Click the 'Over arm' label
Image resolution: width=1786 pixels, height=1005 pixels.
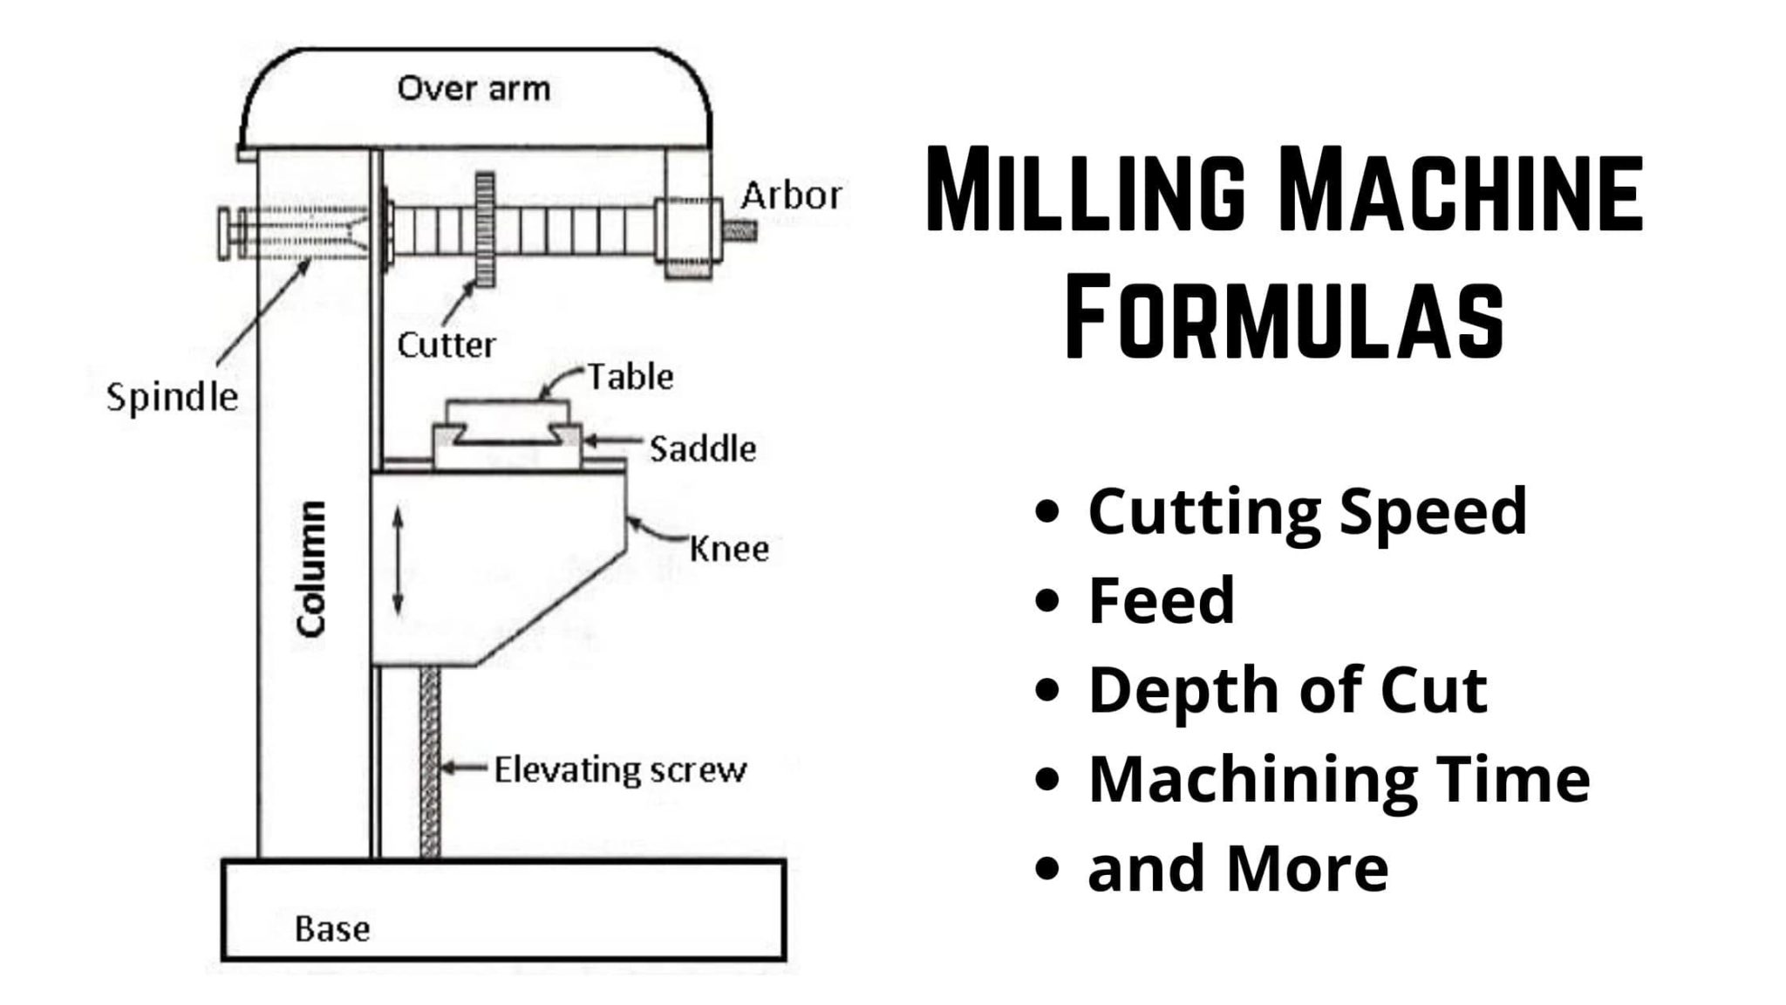point(474,88)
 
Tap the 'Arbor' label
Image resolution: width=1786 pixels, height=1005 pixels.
point(791,195)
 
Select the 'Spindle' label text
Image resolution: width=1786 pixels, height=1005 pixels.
point(172,397)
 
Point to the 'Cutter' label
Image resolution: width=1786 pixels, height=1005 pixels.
point(446,345)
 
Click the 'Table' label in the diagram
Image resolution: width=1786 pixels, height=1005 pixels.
point(630,377)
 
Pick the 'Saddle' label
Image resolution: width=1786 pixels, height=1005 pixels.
point(703,449)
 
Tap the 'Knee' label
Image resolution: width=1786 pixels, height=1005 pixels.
point(729,549)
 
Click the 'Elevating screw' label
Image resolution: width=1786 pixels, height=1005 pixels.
point(620,769)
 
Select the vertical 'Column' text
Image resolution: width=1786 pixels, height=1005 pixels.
point(310,568)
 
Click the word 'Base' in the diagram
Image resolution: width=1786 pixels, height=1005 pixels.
point(332,928)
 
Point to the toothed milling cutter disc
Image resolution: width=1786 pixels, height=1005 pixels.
point(485,229)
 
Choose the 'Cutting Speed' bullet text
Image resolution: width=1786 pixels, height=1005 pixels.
point(1307,511)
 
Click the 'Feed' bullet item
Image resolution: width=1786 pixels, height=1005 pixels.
point(1162,600)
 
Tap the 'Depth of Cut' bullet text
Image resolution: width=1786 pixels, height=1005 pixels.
point(1287,690)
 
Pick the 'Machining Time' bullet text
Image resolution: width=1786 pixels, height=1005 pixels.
point(1339,779)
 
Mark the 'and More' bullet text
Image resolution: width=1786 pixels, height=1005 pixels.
point(1238,869)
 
